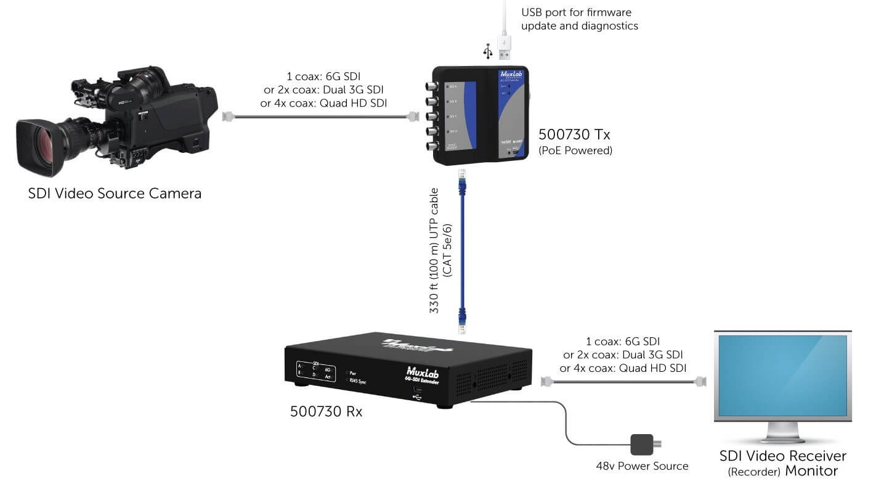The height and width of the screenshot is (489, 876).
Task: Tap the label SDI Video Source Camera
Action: (x=115, y=194)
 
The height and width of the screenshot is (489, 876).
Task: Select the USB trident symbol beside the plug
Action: (x=489, y=51)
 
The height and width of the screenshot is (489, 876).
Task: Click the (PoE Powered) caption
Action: (x=575, y=150)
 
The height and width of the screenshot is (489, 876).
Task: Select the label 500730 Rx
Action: (x=326, y=411)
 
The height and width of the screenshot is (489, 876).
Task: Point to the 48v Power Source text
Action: (x=642, y=466)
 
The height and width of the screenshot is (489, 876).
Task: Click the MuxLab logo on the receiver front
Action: (x=423, y=371)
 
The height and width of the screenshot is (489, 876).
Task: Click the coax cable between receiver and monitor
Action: (x=622, y=382)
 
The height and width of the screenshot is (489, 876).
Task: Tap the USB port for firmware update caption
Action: (x=579, y=18)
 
